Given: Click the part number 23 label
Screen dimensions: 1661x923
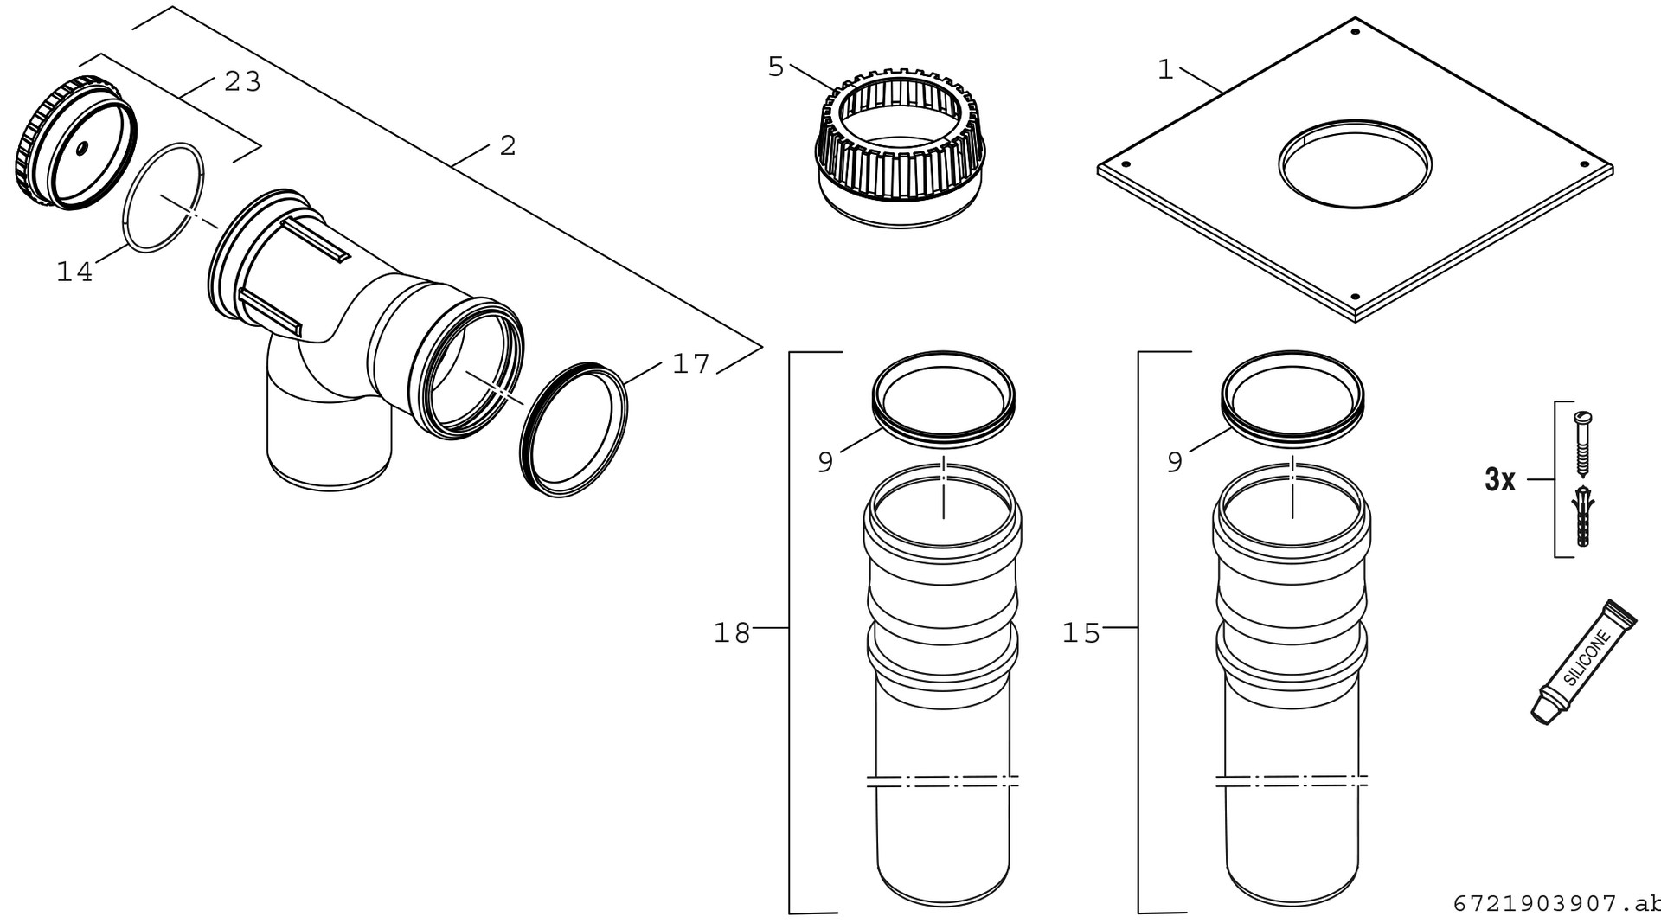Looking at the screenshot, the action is pyautogui.click(x=242, y=81).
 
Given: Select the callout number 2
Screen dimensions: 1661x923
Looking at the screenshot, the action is pyautogui.click(x=508, y=145).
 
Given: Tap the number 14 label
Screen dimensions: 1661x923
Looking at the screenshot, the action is pyautogui.click(x=74, y=272).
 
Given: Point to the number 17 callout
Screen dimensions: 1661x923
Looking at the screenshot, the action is pyautogui.click(x=690, y=364).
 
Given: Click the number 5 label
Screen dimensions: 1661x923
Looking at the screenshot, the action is pyautogui.click(x=776, y=67).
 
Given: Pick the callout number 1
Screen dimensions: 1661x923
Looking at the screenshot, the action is pyautogui.click(x=1166, y=70).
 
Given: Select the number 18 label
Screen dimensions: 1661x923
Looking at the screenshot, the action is pyautogui.click(x=732, y=633).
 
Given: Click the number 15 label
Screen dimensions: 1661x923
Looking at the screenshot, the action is pyautogui.click(x=1081, y=633).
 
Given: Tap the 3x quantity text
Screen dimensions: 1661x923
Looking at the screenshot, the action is pyautogui.click(x=1500, y=479).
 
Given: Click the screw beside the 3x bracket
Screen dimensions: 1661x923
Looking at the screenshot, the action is pyautogui.click(x=1582, y=444).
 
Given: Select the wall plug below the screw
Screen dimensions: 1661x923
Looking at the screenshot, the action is pyautogui.click(x=1583, y=516).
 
